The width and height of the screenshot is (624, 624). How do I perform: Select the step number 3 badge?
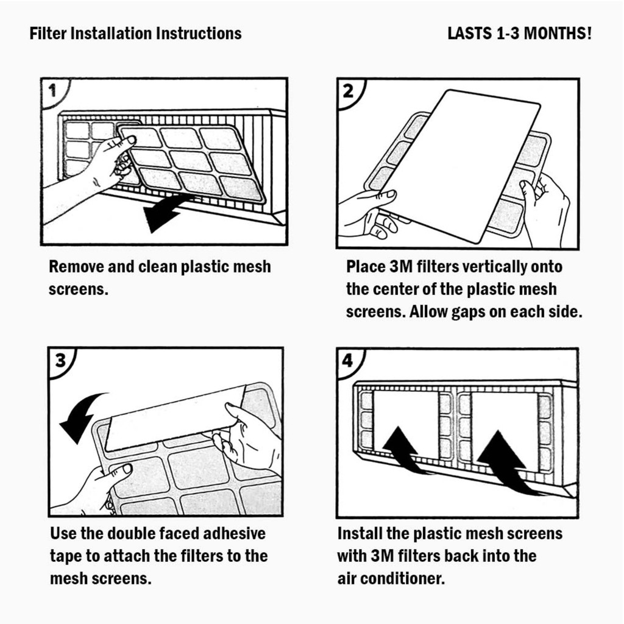point(61,360)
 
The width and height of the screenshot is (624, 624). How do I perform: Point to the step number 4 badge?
point(348,360)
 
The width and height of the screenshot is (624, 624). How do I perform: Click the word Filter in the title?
point(48,34)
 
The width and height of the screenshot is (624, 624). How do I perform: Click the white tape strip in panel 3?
point(174,417)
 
